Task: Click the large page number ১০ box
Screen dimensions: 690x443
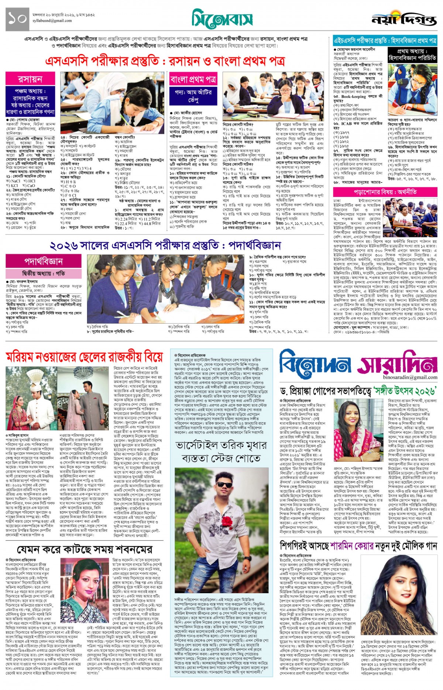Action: coord(17,20)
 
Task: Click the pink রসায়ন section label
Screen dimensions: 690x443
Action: coord(30,79)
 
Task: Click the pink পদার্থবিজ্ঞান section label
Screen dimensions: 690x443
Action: coord(43,261)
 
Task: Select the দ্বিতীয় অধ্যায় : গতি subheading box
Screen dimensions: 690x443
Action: coord(43,273)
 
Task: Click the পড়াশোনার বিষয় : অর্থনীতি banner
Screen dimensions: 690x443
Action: coord(385,192)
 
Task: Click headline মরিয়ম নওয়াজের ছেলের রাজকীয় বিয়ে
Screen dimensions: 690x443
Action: coord(84,357)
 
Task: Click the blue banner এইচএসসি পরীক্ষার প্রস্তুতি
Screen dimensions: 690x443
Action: coord(385,40)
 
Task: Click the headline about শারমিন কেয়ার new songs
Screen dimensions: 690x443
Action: coord(358,546)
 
